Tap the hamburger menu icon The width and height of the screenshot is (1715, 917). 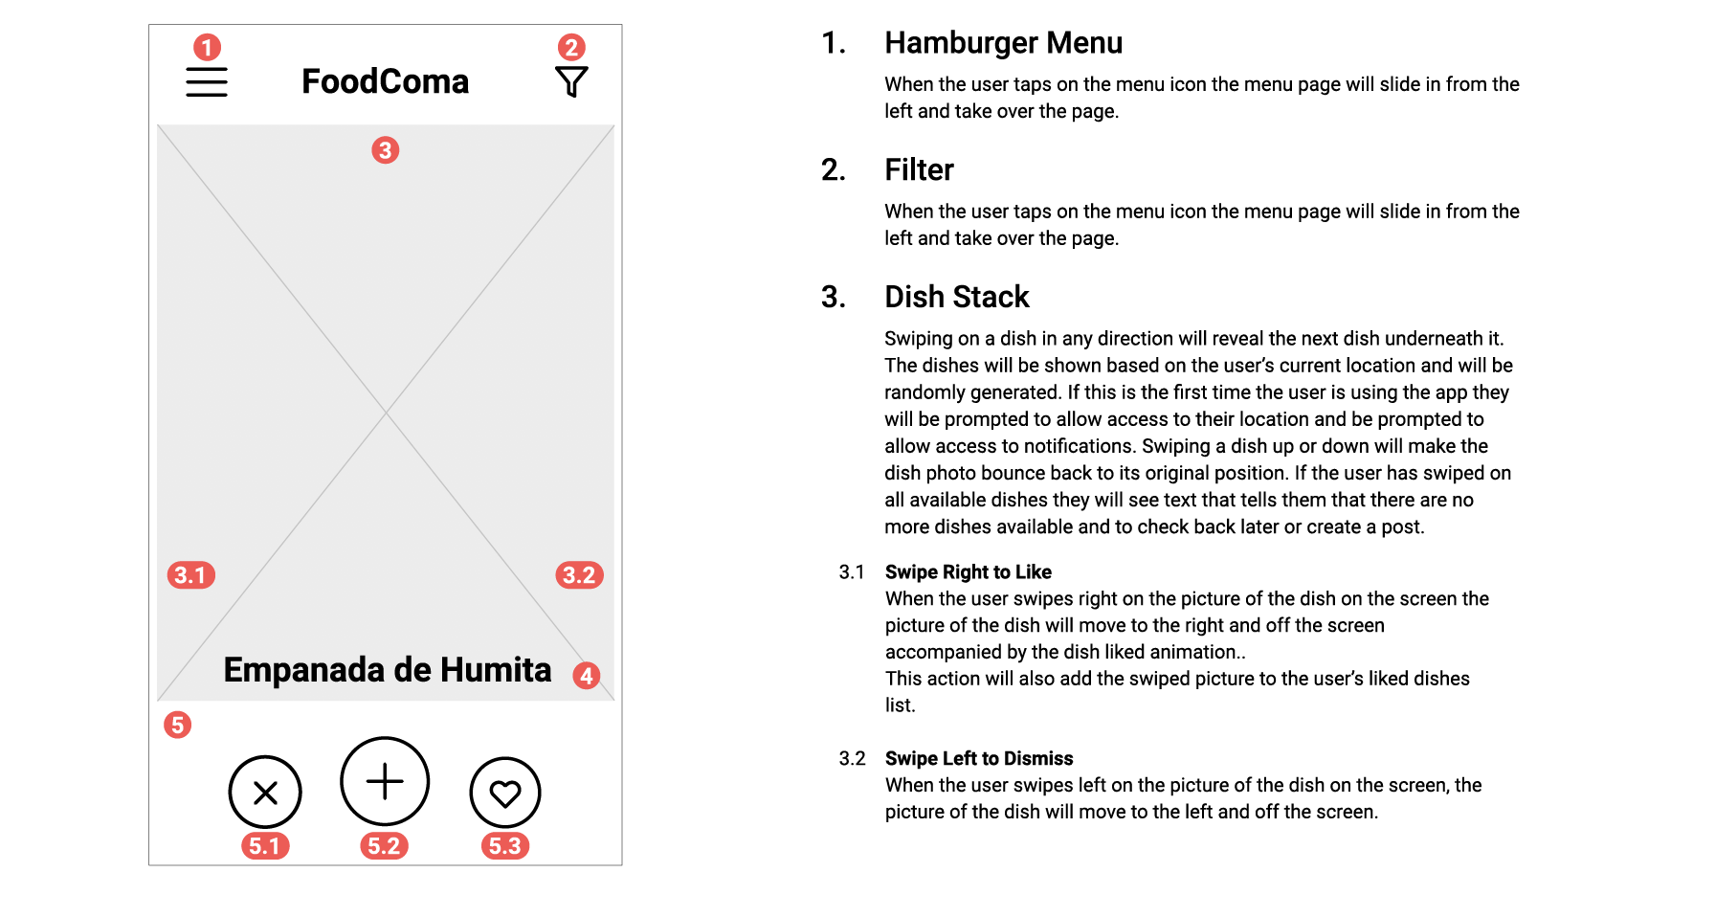tap(207, 82)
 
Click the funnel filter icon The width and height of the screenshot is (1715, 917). tap(571, 81)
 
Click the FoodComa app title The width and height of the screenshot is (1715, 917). tap(386, 81)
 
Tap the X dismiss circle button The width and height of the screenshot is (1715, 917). tap(265, 793)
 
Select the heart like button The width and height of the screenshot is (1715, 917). tap(505, 793)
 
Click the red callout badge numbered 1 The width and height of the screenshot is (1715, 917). tap(207, 47)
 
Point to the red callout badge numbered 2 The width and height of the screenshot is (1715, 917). tap(571, 47)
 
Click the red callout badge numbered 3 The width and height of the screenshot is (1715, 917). tap(386, 150)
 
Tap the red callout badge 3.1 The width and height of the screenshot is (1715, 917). tap(190, 575)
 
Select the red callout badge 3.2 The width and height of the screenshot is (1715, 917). tap(579, 575)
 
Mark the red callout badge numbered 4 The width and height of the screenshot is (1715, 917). tap(587, 676)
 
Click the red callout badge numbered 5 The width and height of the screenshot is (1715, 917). tap(177, 725)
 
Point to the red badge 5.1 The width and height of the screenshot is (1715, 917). tap(265, 846)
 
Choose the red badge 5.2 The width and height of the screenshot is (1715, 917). tap(384, 846)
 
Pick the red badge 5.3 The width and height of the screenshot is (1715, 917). tap(505, 846)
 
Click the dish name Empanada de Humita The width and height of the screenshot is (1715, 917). tap(388, 670)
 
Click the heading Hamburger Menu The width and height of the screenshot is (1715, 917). tap(1003, 43)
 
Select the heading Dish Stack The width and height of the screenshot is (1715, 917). tap(957, 297)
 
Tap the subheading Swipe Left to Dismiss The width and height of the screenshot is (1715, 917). tap(979, 758)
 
